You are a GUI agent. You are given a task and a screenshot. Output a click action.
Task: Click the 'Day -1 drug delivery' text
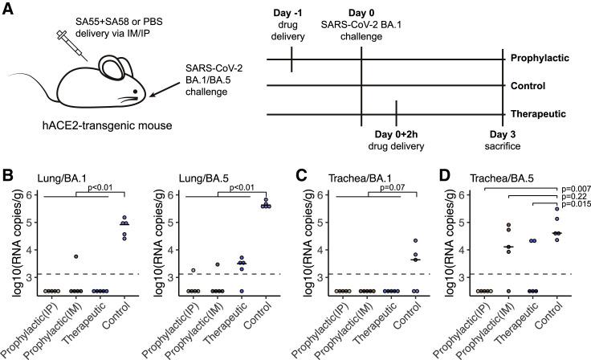pos(291,21)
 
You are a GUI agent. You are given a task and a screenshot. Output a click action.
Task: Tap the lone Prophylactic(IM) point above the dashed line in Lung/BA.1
pos(75,256)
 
